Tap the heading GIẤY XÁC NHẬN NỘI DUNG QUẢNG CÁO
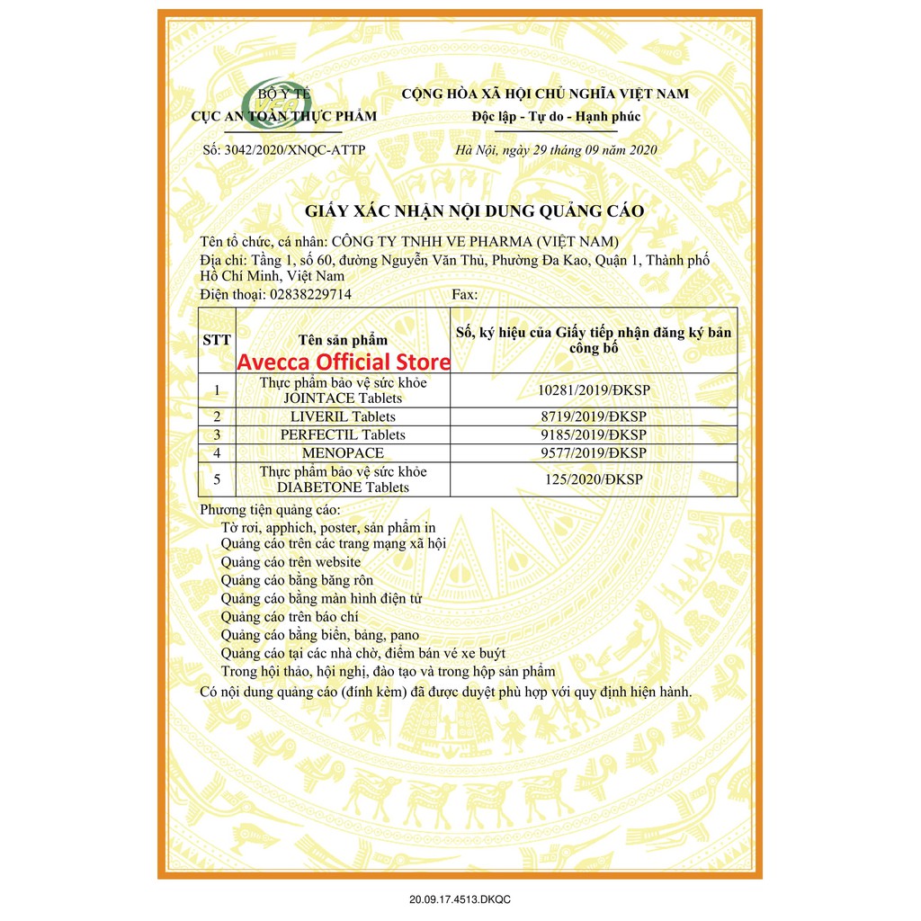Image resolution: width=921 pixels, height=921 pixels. click(x=476, y=211)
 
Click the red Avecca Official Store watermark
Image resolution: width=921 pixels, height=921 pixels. click(x=343, y=362)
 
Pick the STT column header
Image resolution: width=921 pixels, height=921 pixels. click(x=217, y=340)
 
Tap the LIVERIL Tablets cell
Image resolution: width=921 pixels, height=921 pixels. click(x=343, y=416)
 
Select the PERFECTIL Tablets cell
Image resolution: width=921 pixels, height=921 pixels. click(x=343, y=434)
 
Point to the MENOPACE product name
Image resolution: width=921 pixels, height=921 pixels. click(x=343, y=452)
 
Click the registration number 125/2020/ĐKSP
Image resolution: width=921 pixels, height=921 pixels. click(x=594, y=479)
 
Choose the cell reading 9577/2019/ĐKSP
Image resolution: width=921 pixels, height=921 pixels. click(x=594, y=452)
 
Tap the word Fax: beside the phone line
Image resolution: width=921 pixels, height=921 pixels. click(x=465, y=294)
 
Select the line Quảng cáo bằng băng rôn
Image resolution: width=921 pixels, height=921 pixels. click(x=297, y=580)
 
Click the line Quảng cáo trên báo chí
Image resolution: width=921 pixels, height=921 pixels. click(x=289, y=617)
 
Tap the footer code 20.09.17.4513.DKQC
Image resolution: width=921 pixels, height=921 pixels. click(x=460, y=899)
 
